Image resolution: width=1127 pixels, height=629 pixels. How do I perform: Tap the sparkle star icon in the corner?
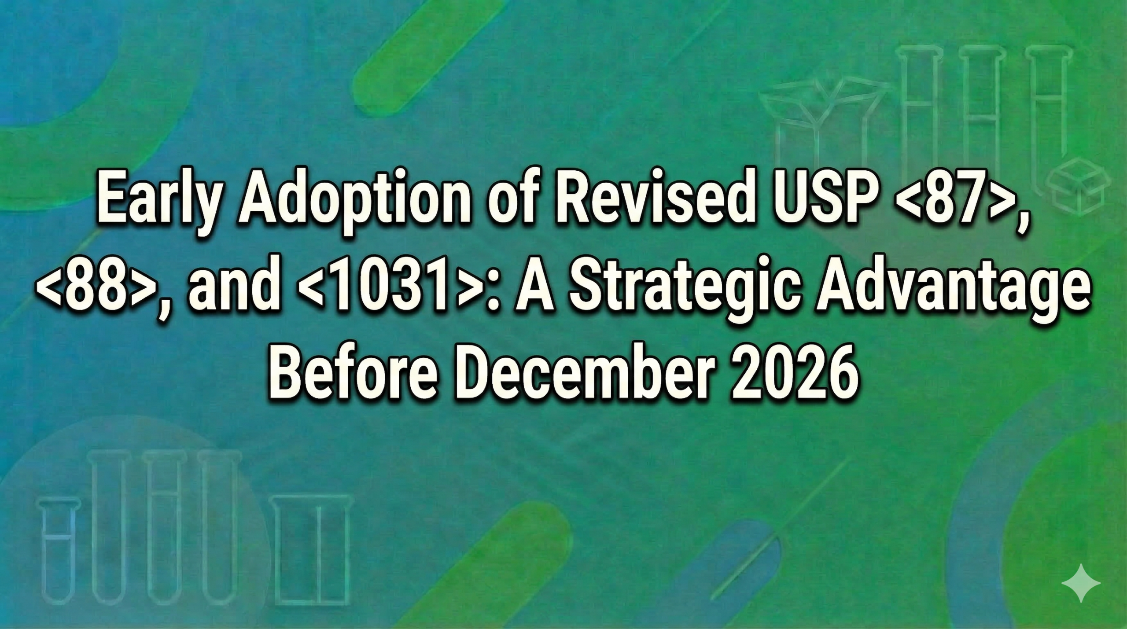pos(1081,583)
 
